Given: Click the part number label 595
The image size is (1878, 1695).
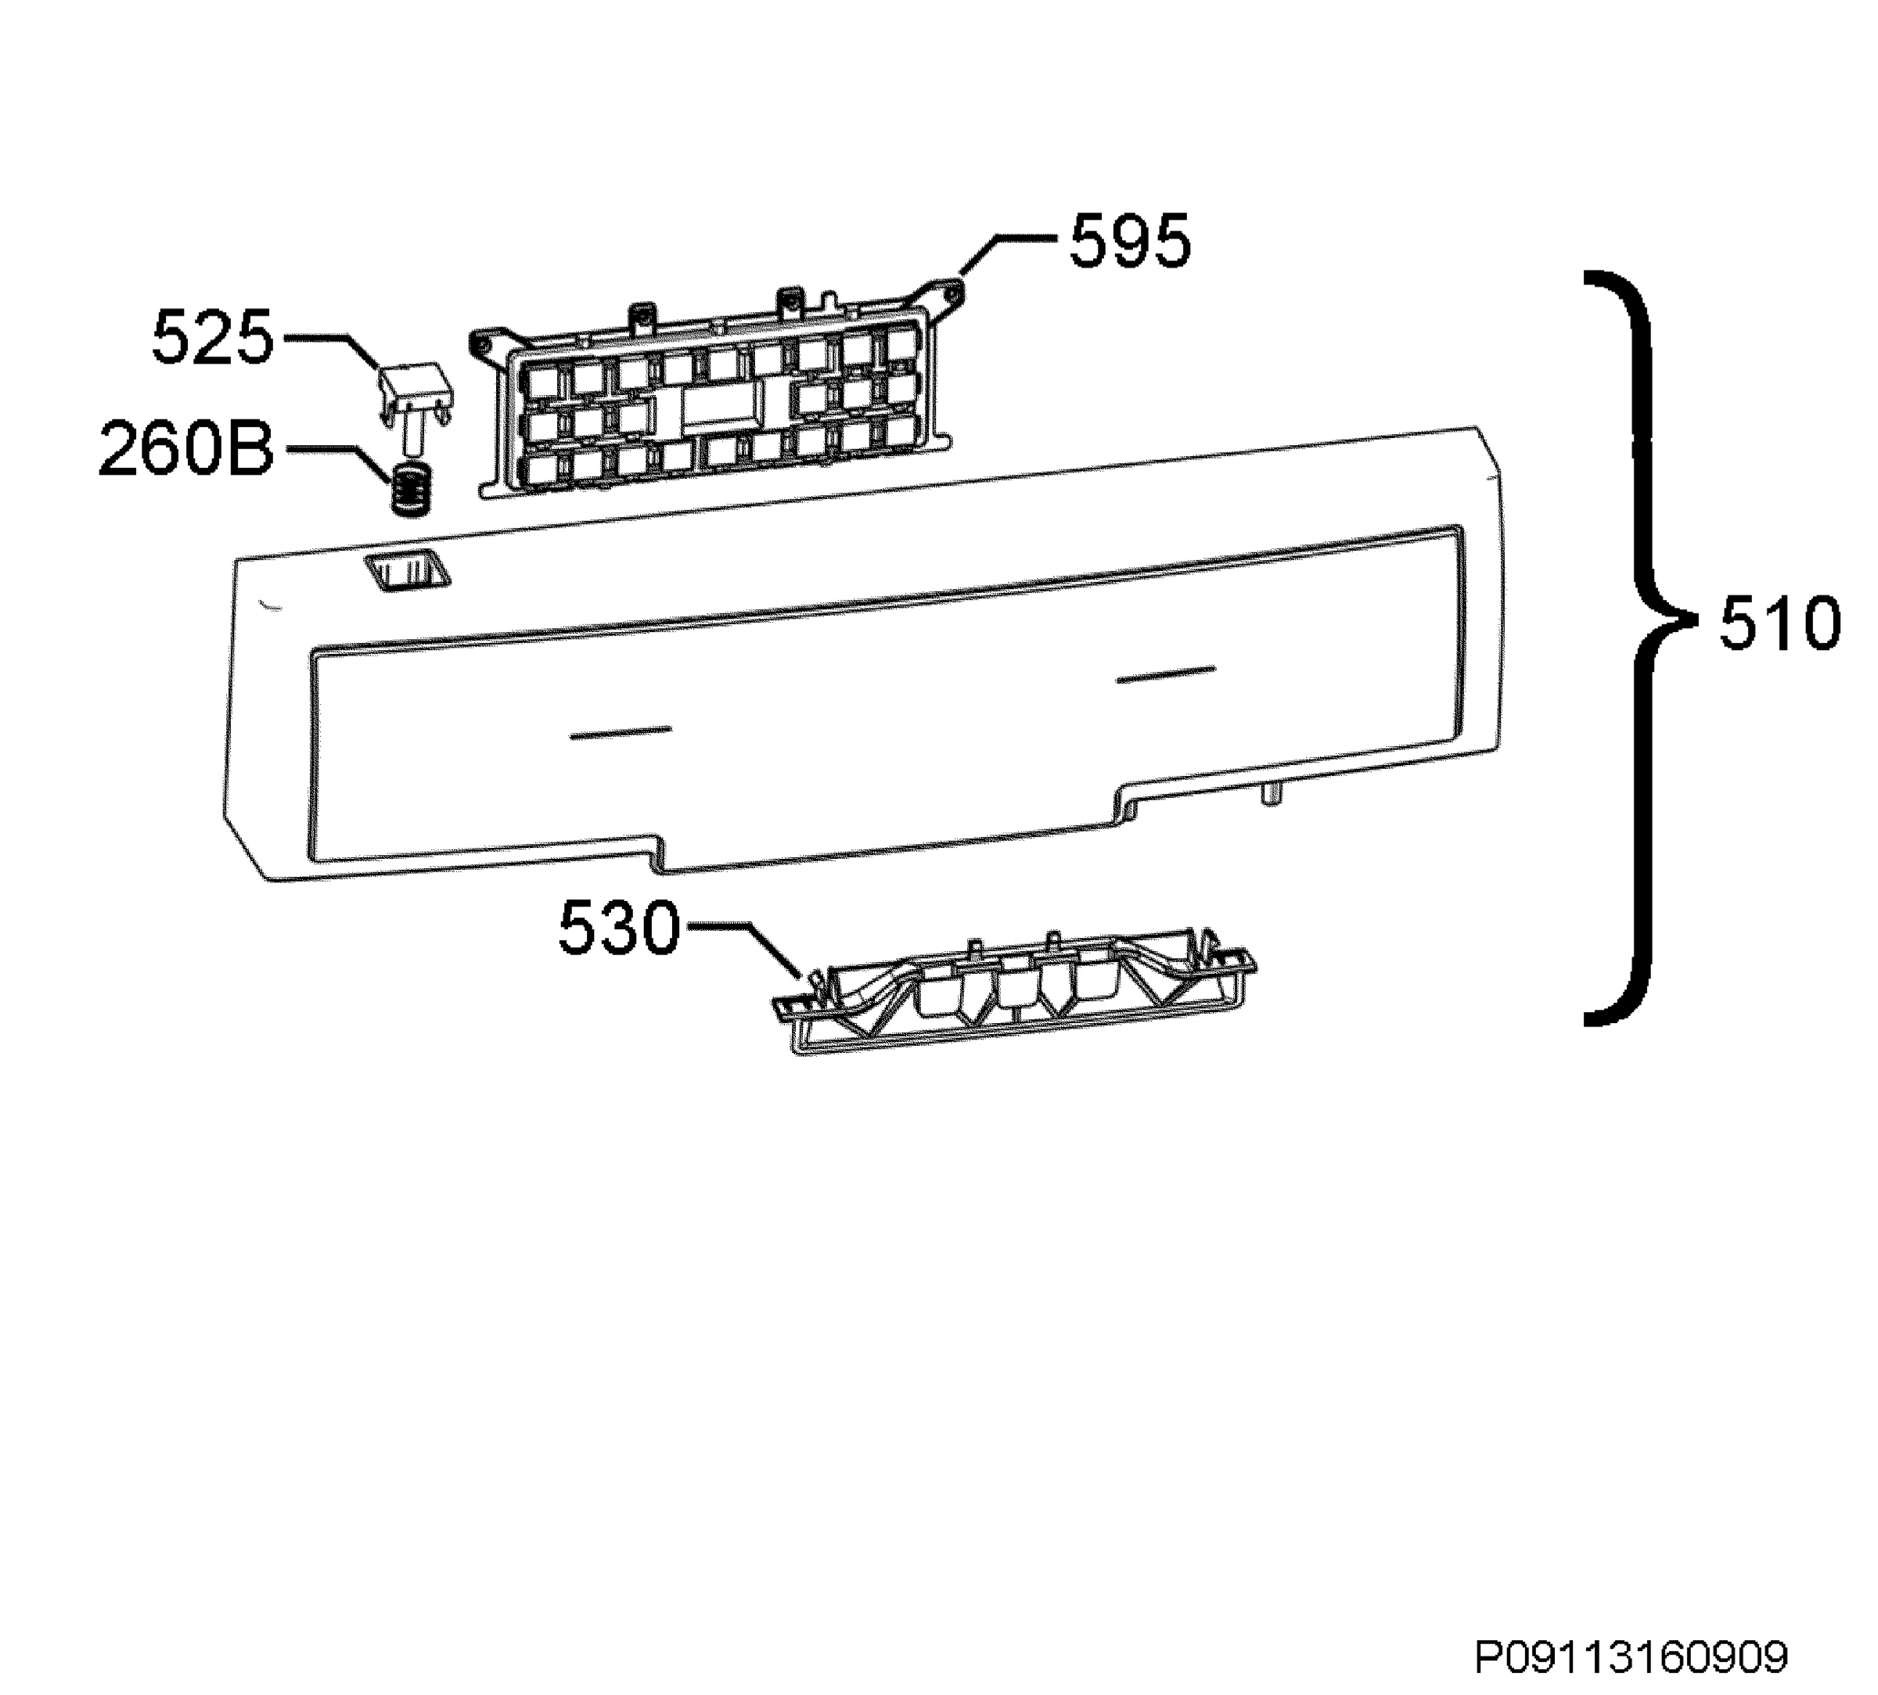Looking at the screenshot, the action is tap(1129, 241).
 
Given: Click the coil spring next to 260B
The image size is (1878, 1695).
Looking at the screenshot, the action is tap(411, 489).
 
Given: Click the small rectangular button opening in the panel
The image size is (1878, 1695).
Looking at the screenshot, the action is tap(406, 571).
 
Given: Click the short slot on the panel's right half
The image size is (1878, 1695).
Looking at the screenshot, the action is tap(1166, 674).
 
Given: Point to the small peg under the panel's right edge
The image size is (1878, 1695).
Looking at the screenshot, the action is tap(1271, 792).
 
